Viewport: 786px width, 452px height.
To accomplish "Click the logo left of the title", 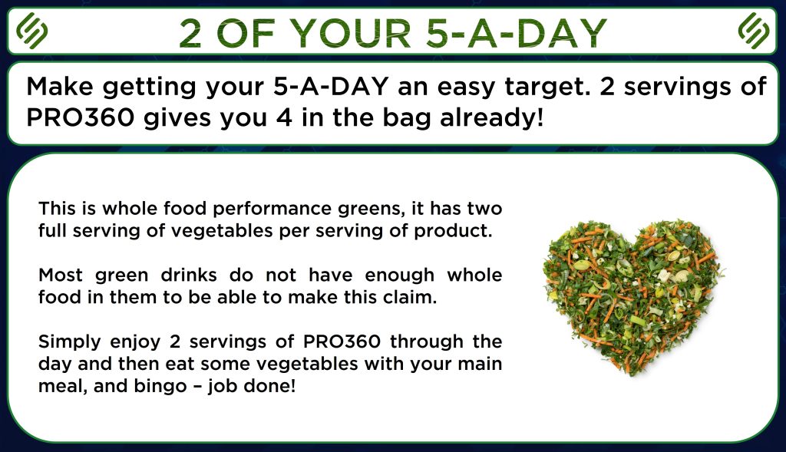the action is click(x=31, y=31).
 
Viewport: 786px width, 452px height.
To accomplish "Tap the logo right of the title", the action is click(x=754, y=31).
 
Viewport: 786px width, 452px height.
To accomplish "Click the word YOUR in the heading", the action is click(x=351, y=34).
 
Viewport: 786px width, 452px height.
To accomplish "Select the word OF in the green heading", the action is click(x=246, y=34).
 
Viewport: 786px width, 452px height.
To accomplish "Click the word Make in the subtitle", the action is click(x=60, y=87).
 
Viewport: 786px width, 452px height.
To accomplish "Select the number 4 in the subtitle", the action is click(x=284, y=117).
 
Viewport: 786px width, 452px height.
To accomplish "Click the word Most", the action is click(x=61, y=275).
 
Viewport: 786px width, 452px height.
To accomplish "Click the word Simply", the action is click(x=68, y=342).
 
